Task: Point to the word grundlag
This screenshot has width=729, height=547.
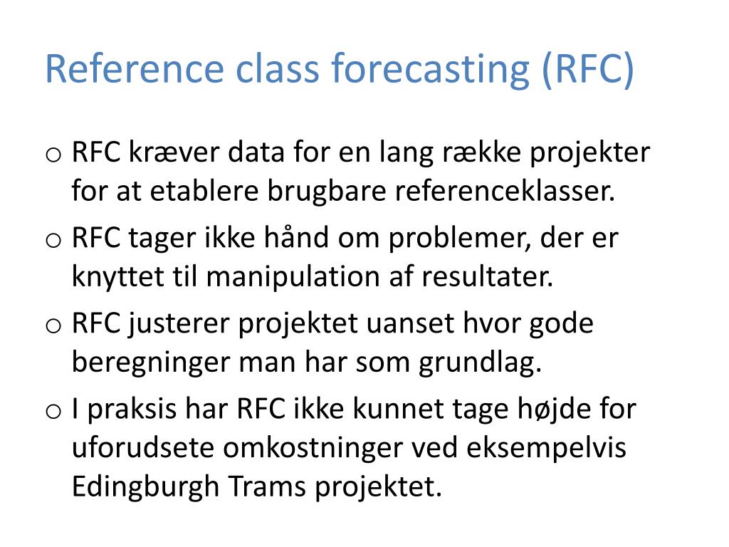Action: tap(480, 363)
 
